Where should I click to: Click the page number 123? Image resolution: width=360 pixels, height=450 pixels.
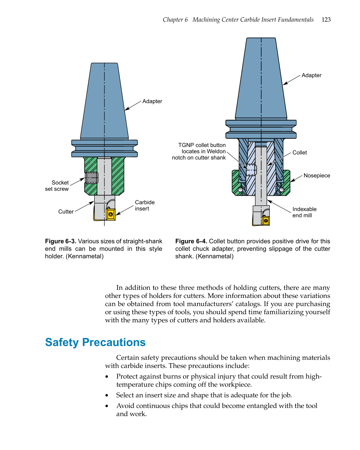tap(326, 20)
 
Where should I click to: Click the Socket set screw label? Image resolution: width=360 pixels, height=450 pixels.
tap(57, 186)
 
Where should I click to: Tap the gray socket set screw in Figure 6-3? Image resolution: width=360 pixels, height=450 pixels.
tap(92, 178)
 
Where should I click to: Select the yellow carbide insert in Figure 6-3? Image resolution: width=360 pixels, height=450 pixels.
tap(111, 214)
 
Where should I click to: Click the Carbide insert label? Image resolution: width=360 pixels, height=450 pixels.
tap(145, 205)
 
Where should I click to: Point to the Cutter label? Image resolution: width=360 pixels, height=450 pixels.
tap(66, 212)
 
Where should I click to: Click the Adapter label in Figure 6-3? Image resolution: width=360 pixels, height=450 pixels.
tap(152, 101)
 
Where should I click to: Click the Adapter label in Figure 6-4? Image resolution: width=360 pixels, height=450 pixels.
tap(311, 75)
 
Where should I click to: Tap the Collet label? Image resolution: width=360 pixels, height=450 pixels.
tap(299, 152)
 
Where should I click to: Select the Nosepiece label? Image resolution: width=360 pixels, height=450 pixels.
tap(317, 176)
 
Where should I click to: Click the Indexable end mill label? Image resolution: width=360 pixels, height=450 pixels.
tap(304, 212)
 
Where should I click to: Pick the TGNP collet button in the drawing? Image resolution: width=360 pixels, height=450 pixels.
tap(251, 170)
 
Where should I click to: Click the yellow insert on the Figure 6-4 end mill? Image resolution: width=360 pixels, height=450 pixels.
tap(266, 221)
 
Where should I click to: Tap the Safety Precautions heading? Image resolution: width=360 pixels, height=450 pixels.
tap(95, 342)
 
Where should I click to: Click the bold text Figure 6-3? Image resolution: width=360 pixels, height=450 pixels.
tap(61, 241)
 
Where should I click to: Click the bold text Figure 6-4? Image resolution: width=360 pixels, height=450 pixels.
tap(191, 241)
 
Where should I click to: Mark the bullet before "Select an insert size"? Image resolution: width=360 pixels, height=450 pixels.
tap(107, 395)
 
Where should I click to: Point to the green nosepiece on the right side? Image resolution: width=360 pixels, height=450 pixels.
tap(286, 183)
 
